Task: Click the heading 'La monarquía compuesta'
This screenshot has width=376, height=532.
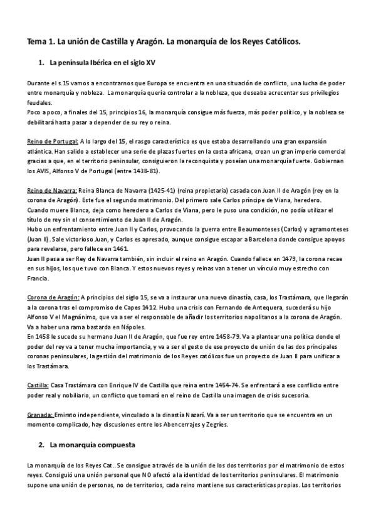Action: point(93,445)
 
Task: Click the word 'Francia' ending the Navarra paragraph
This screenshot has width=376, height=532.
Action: point(39,278)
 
